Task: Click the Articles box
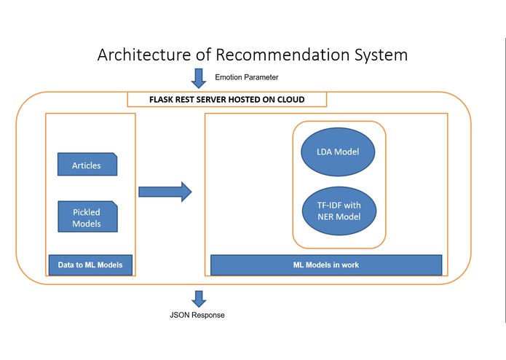click(x=87, y=165)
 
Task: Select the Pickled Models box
click(x=87, y=217)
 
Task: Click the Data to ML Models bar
click(x=90, y=265)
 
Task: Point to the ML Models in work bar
click(x=325, y=265)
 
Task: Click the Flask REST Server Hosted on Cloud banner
click(x=227, y=100)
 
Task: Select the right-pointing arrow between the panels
click(x=165, y=192)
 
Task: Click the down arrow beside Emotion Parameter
click(x=198, y=77)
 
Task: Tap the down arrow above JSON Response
click(x=198, y=297)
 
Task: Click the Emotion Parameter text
click(x=247, y=77)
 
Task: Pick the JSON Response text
click(x=197, y=316)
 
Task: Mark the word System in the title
click(x=379, y=55)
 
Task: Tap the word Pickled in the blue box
click(x=87, y=211)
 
